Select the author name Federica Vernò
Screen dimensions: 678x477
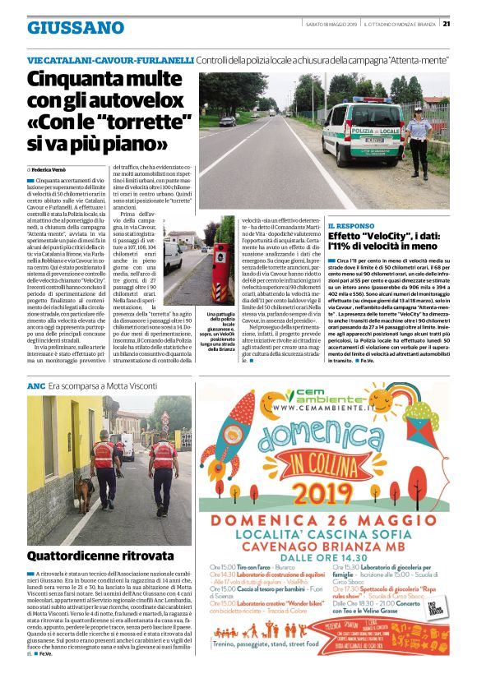click(56, 168)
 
